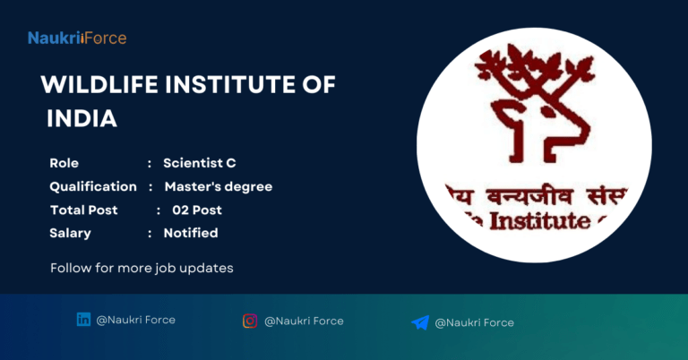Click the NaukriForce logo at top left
point(76,38)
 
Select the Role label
point(64,163)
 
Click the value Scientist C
point(199,163)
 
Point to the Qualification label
point(93,186)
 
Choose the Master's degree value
point(218,186)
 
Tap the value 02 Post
point(197,210)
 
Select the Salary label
point(70,233)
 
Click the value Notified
point(190,233)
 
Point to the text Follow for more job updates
point(142,268)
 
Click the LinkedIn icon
point(83,320)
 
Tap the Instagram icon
point(250,321)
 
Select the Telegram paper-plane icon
point(420,322)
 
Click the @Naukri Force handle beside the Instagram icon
point(304,321)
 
